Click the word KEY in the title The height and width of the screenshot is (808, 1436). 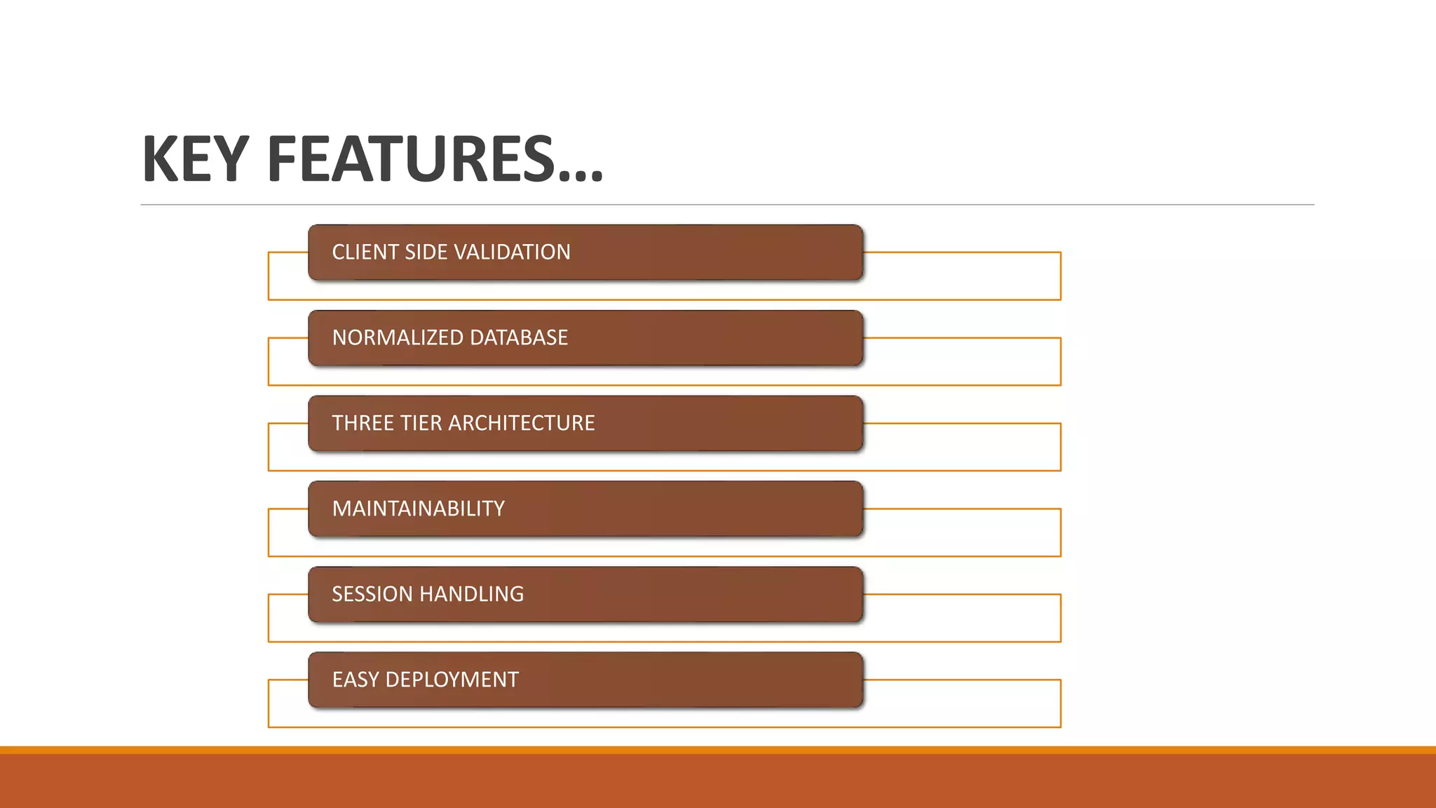coord(196,159)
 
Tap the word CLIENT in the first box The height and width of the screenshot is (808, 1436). coord(365,252)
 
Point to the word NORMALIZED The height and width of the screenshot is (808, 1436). coord(398,337)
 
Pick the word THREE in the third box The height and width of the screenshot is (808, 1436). coord(363,423)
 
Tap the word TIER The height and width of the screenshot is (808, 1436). coord(421,423)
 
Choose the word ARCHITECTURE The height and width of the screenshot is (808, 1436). coord(522,423)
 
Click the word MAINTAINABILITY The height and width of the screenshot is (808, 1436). coord(419,509)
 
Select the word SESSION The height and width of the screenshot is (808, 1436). coord(372,594)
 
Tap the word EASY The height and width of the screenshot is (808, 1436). coord(355,680)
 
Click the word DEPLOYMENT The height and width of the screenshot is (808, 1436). coord(452,680)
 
